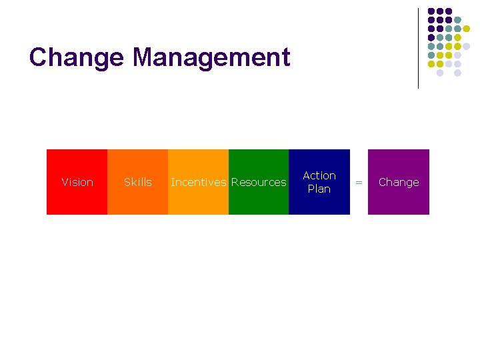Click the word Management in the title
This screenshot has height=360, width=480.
211,57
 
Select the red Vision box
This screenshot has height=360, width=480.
77,200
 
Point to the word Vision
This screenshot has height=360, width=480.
77,182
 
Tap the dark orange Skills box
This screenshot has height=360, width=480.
137,200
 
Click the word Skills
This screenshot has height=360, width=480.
138,182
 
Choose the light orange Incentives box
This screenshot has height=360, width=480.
198,200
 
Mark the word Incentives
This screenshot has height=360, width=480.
198,182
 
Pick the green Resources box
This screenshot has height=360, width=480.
259,200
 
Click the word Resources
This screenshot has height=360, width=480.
259,182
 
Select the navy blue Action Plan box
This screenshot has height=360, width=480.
319,203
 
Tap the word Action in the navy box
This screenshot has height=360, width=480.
319,175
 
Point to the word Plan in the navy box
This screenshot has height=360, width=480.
319,189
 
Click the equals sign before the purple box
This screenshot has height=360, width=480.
359,182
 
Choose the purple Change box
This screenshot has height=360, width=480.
399,200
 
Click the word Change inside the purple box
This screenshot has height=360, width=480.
399,182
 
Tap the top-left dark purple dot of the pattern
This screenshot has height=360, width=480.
431,12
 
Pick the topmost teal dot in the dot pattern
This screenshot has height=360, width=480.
458,21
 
